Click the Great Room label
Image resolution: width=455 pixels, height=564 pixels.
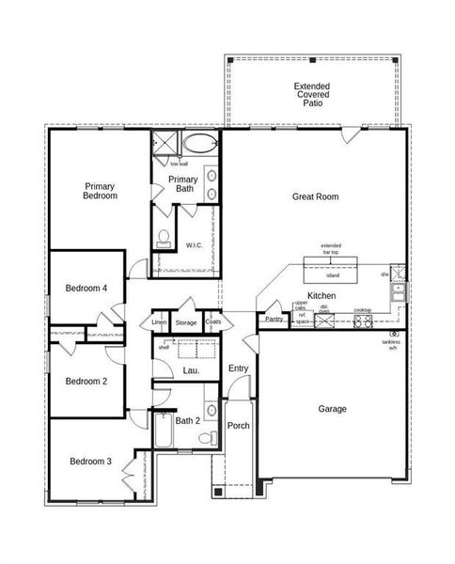315,196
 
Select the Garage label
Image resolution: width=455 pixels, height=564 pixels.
332,409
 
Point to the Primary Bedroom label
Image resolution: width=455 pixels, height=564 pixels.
100,192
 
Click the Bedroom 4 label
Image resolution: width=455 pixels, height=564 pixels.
86,289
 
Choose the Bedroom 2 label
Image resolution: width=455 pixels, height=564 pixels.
86,381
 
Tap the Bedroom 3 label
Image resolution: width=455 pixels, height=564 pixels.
90,462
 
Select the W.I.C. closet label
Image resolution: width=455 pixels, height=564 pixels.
195,245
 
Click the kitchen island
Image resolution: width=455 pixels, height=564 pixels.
332,275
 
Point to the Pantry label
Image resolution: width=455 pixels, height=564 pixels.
274,320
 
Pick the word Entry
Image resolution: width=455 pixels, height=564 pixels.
239,368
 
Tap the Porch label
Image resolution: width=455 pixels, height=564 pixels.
239,426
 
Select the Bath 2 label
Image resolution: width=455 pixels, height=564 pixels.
188,420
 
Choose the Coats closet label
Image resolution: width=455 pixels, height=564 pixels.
213,322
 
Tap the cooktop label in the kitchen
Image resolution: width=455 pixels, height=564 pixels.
362,310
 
